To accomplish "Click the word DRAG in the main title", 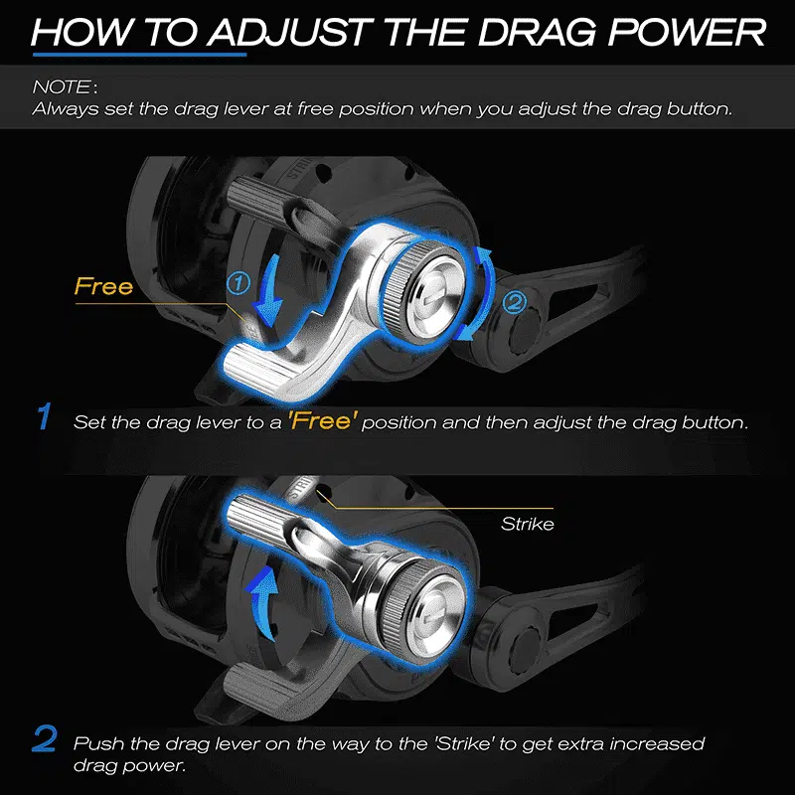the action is click(537, 32).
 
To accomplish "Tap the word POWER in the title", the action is click(687, 32).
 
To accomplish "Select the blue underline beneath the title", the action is click(139, 54).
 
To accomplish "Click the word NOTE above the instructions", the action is click(62, 87).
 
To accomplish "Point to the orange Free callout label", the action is click(104, 286).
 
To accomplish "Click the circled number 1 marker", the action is click(238, 283).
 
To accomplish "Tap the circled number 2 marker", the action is click(514, 303).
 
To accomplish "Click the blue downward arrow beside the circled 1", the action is click(267, 290).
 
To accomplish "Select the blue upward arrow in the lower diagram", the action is click(262, 603).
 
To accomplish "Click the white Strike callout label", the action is click(528, 524).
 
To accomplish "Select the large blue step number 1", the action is click(45, 416).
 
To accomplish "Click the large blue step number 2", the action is click(45, 738).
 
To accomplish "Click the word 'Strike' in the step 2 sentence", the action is click(464, 743).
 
